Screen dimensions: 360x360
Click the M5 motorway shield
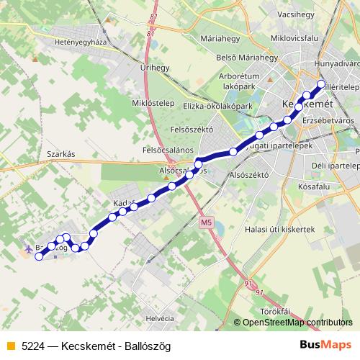(x=207, y=222)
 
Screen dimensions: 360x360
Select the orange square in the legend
(x=9, y=346)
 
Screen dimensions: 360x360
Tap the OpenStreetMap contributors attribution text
(x=297, y=323)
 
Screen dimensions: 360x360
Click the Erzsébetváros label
(x=329, y=120)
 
